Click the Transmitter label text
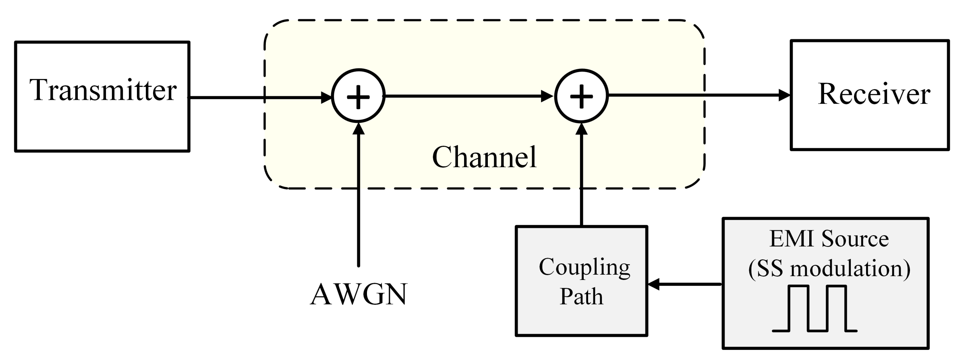tap(103, 90)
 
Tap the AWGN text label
tap(358, 294)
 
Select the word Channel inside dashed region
tap(484, 157)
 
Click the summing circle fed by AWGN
tap(358, 97)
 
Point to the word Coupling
tap(584, 267)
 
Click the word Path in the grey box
tap(581, 297)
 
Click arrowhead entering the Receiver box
tap(784, 95)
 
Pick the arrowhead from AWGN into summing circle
tap(358, 128)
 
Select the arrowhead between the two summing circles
tap(547, 96)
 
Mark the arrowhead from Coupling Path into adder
tap(581, 128)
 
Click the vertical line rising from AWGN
tap(358, 201)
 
